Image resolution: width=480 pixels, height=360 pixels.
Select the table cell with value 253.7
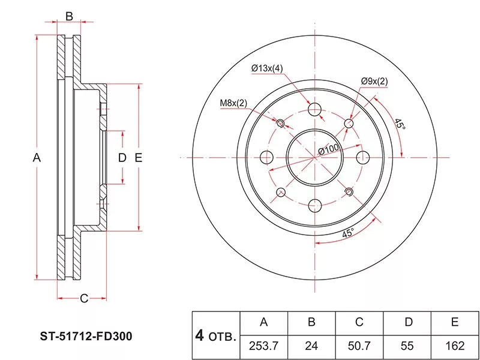point(263,345)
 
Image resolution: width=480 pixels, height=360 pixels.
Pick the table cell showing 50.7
point(359,345)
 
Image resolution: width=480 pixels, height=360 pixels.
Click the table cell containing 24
point(311,345)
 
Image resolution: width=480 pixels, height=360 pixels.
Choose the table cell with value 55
point(408,345)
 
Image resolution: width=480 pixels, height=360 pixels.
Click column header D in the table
point(408,323)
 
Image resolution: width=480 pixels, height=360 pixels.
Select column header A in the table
point(263,323)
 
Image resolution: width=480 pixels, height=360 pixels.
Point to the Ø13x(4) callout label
point(267,68)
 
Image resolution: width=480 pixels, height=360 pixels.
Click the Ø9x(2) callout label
point(374,81)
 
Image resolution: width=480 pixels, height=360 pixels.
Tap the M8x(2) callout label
point(233,103)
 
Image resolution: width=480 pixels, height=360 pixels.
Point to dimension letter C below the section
point(84,298)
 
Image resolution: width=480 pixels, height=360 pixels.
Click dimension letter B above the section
point(69,16)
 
